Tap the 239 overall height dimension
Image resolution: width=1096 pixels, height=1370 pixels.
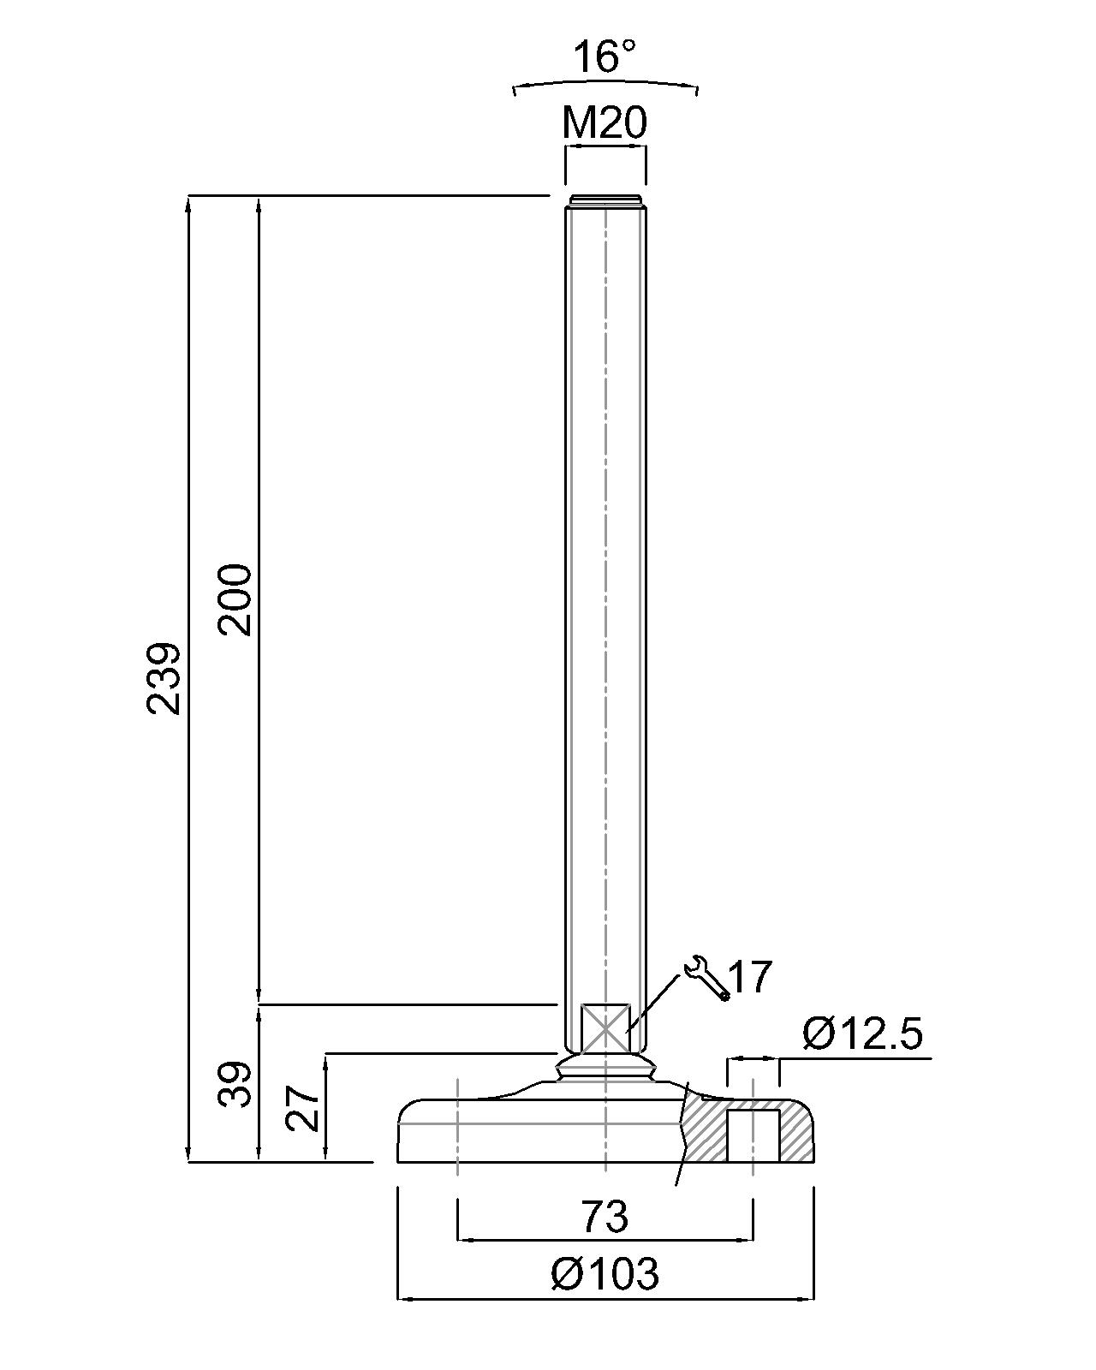[164, 679]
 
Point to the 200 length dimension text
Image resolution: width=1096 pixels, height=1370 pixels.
[235, 599]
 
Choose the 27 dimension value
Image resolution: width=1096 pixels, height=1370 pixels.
[302, 1108]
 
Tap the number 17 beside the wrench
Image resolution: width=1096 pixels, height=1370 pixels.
[750, 976]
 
